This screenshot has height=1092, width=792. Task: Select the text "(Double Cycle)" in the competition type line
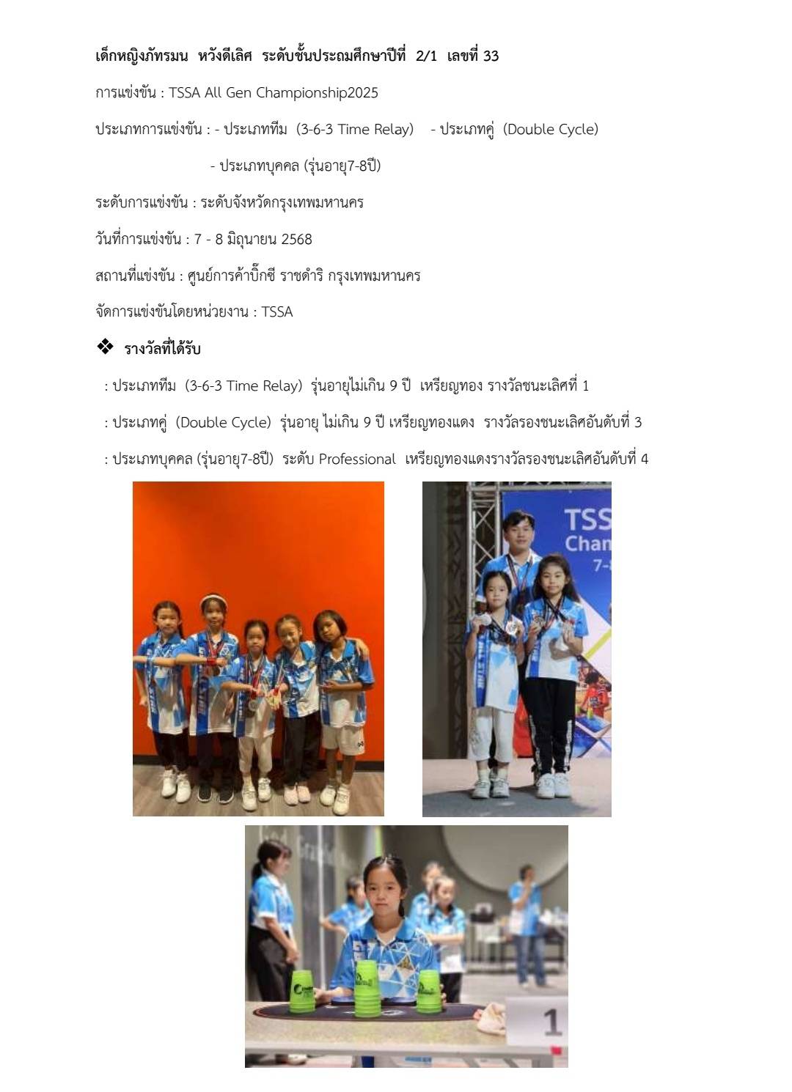tap(551, 130)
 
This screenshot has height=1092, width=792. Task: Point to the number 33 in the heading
tap(491, 56)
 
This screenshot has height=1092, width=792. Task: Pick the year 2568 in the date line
tap(296, 239)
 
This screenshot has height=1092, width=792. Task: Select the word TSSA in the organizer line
tap(276, 312)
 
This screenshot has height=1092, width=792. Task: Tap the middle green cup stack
tap(367, 986)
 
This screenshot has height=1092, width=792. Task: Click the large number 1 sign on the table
tap(551, 1022)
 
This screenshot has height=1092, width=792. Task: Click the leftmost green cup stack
tap(303, 991)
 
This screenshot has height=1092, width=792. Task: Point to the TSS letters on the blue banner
tap(587, 519)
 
